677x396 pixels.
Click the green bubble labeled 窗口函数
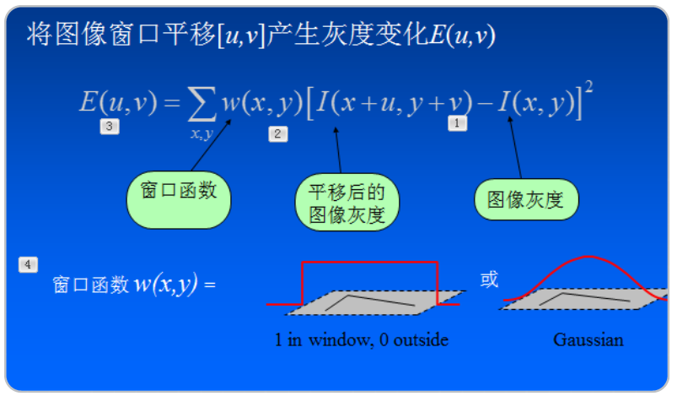click(x=178, y=200)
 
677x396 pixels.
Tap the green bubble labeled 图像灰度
click(x=525, y=200)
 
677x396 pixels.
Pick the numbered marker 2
click(x=278, y=133)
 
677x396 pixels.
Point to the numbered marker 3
click(x=110, y=127)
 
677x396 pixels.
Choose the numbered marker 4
click(x=28, y=265)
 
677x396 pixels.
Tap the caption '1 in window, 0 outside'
click(x=361, y=340)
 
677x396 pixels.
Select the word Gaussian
click(x=588, y=340)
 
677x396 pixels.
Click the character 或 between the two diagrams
click(x=489, y=279)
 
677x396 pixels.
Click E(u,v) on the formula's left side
click(x=118, y=103)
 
